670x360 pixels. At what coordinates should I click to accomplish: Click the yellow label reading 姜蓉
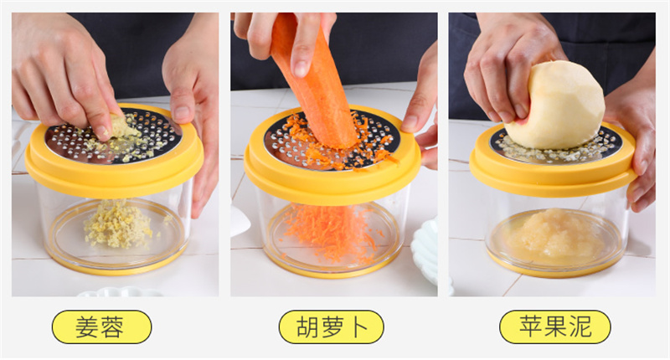point(101,327)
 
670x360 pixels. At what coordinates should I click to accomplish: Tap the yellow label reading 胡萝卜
point(331,327)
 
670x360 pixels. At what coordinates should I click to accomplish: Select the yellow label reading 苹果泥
point(555,327)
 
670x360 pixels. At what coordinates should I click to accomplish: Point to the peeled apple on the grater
point(555,105)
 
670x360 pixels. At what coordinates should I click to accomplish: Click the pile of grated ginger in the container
point(117,224)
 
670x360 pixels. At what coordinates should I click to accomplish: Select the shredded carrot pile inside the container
point(329,230)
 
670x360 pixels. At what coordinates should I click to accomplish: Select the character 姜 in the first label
point(88,327)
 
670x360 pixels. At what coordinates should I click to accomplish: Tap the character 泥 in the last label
point(580,327)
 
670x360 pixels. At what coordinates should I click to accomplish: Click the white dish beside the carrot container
point(425,252)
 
